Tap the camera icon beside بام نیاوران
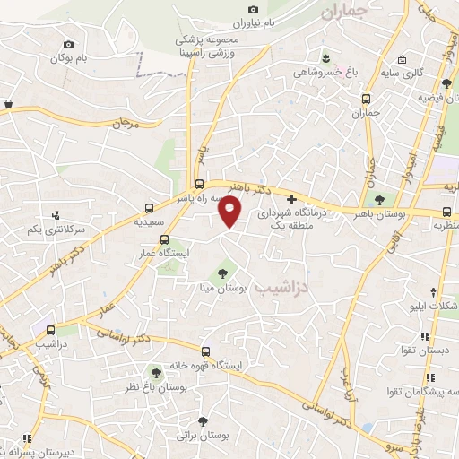[254, 10]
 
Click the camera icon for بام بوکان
[69, 43]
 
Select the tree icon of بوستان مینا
[221, 273]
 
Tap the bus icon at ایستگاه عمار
[163, 239]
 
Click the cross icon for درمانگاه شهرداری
[290, 199]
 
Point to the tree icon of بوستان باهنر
[379, 199]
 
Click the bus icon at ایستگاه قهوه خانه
[206, 351]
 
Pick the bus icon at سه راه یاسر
[199, 183]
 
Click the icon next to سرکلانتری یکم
[56, 215]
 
